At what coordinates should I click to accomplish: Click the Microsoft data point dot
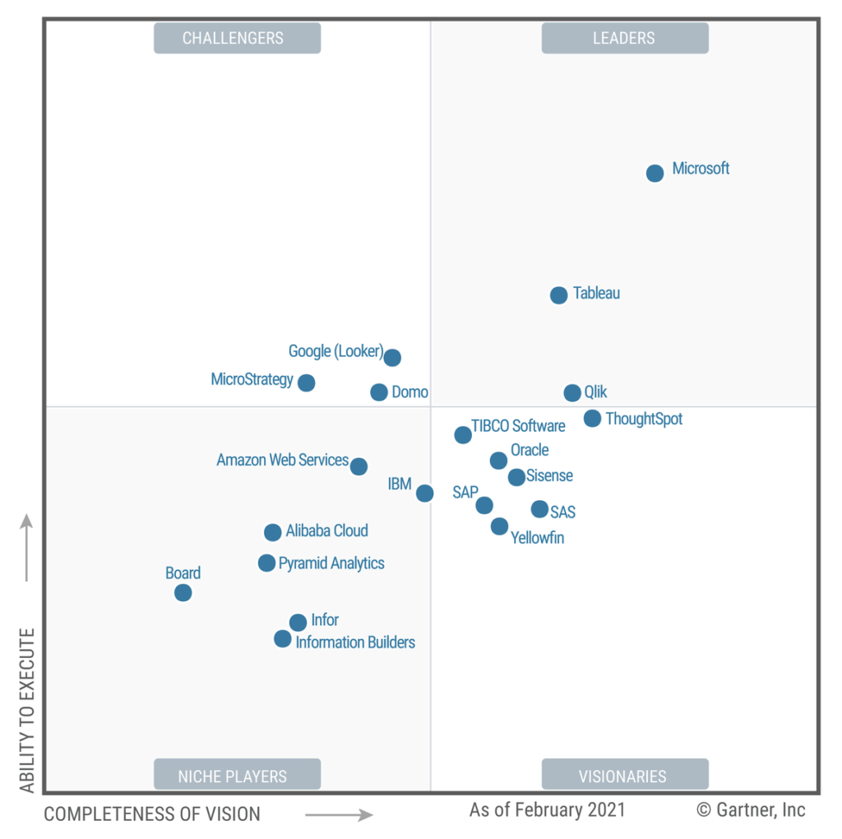coord(655,173)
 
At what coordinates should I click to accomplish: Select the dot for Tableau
coord(558,295)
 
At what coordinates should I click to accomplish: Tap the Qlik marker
coord(572,392)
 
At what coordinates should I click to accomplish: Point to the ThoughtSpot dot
coord(592,419)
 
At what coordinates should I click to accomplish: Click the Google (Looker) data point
coord(392,357)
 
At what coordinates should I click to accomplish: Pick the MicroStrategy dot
coord(306,382)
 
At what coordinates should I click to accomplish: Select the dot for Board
coord(183,592)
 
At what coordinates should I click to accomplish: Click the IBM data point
coord(424,493)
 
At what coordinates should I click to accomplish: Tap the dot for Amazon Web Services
coord(359,466)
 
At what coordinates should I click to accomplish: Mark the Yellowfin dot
coord(499,526)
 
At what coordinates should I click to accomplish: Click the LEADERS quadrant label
coord(624,38)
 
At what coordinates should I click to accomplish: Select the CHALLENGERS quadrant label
coord(237,38)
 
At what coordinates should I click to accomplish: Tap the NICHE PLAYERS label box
coord(237,775)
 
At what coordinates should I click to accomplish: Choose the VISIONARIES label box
coord(624,775)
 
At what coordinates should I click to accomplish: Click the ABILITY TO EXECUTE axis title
coord(27,711)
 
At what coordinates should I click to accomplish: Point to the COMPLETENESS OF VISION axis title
coord(152,814)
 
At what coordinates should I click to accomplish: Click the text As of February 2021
coord(547,809)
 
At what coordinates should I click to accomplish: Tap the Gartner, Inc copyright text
coord(751,809)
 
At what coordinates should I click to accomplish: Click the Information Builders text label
coord(355,642)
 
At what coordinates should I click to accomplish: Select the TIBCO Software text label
coord(518,426)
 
